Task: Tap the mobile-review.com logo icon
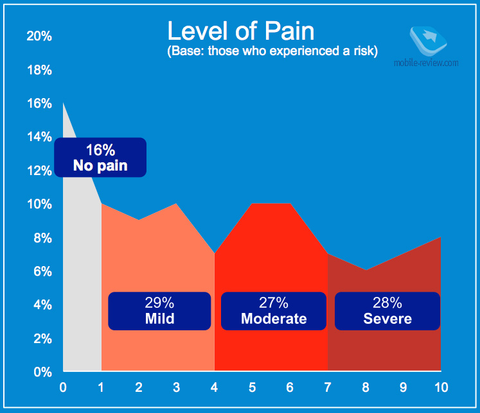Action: [x=427, y=40]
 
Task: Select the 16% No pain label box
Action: [x=100, y=158]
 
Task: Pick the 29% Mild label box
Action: [x=159, y=311]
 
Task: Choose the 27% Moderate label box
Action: [x=274, y=311]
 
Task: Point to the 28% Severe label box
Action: [x=387, y=311]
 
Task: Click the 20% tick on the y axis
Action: [x=39, y=36]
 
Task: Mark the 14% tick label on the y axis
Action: [x=39, y=137]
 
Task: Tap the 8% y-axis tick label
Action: [x=42, y=238]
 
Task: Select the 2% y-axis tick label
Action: [x=42, y=338]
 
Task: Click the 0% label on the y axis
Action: [x=42, y=371]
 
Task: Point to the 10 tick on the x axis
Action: [x=440, y=387]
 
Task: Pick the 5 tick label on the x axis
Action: [x=252, y=387]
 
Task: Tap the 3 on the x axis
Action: [x=176, y=387]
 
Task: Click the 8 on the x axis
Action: [x=365, y=387]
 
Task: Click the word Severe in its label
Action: [x=387, y=319]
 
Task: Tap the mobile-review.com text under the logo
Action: [x=429, y=63]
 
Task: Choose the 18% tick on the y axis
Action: [x=39, y=70]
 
